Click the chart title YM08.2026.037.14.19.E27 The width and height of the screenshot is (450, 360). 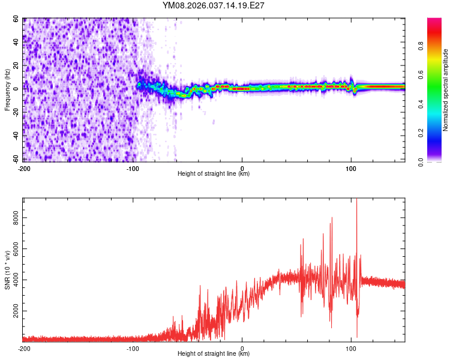pos(214,5)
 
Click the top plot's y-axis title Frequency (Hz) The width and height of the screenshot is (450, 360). pos(7,90)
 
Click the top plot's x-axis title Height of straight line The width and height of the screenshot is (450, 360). pos(214,174)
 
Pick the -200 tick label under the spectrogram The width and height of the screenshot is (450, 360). pos(24,168)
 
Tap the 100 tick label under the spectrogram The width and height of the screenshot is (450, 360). pos(351,168)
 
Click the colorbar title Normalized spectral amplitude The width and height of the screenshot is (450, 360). pos(445,90)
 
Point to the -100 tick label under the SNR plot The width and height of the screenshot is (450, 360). pos(133,348)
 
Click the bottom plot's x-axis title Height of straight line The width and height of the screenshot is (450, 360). pos(214,354)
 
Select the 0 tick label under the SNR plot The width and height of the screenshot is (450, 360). pos(242,348)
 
